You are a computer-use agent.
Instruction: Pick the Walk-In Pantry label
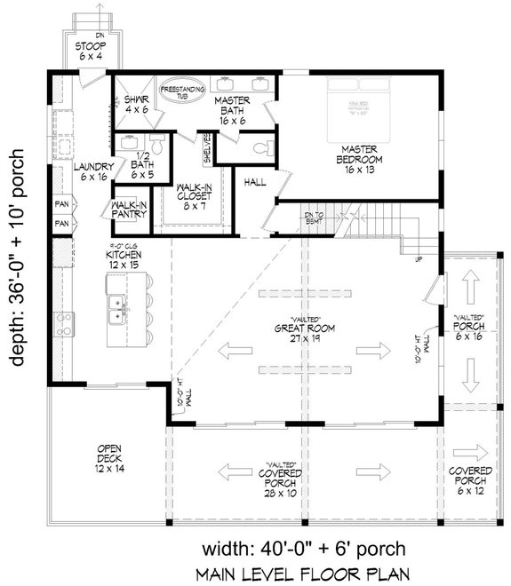128,210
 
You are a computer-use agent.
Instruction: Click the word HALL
254,181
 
